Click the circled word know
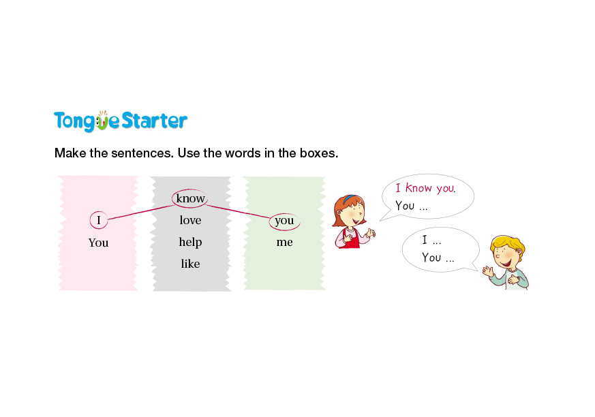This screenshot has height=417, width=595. tap(190, 198)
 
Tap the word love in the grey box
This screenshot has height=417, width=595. tap(190, 220)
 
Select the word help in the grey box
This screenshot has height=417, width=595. tap(190, 242)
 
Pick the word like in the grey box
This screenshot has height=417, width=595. tap(190, 263)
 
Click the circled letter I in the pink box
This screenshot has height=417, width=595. tap(99, 220)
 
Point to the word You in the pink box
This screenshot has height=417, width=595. tap(98, 243)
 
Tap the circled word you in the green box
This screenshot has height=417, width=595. tap(284, 221)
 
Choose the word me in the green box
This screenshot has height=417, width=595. tap(284, 242)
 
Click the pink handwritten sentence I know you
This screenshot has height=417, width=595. tap(425, 188)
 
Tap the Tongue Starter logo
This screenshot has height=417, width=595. tap(121, 121)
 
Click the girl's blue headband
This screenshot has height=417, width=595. tap(350, 198)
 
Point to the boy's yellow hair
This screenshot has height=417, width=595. tap(508, 244)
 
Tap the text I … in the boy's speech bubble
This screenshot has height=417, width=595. tap(431, 240)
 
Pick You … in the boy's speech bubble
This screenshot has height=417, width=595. tap(438, 258)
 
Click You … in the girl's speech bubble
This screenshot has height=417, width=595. tap(412, 206)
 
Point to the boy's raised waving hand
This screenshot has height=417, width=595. tap(487, 270)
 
